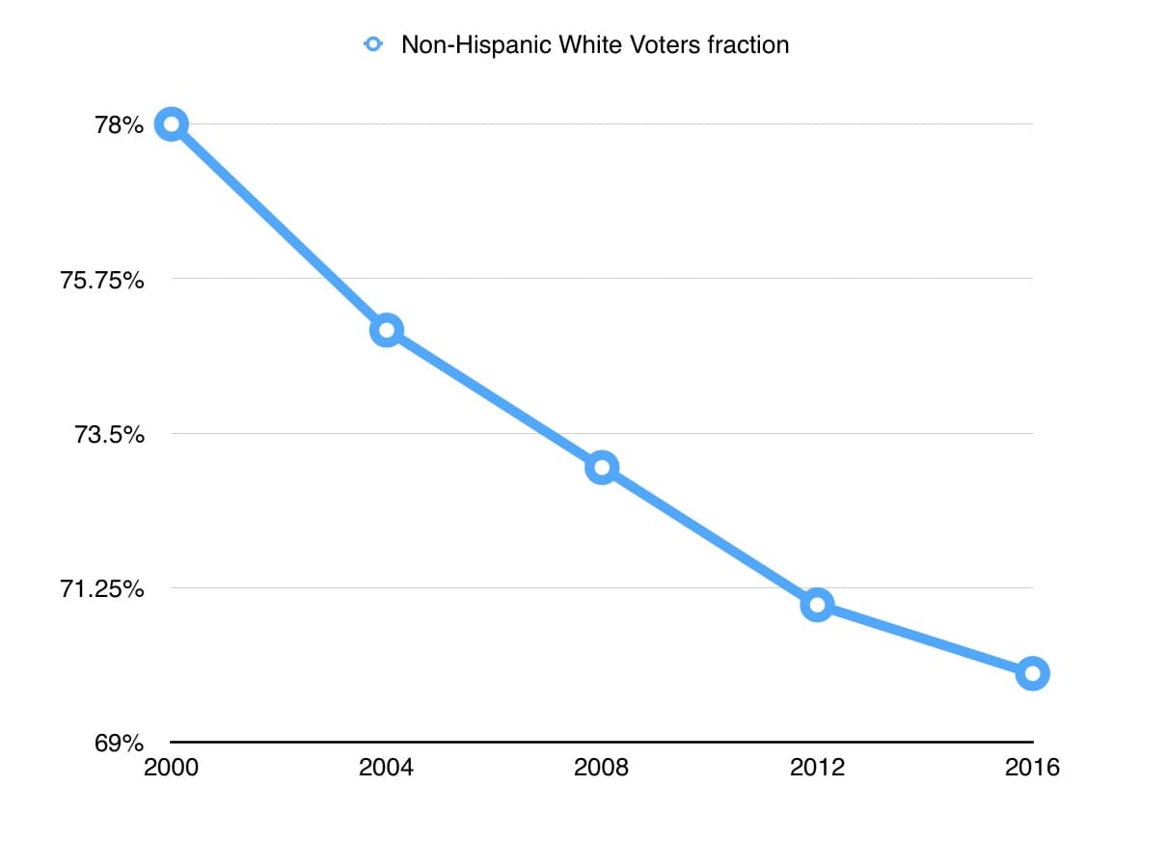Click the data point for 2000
(x=171, y=124)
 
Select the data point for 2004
(x=386, y=331)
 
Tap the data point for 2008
(x=601, y=468)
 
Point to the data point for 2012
(x=817, y=605)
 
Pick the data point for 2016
(x=1032, y=673)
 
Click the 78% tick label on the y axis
(x=120, y=125)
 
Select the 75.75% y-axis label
(x=102, y=280)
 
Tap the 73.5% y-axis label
(x=110, y=434)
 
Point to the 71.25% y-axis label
(x=102, y=588)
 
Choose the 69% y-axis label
(x=120, y=744)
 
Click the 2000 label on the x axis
(x=170, y=768)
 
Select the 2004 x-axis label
(x=386, y=768)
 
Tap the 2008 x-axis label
(x=601, y=768)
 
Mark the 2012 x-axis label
(x=817, y=768)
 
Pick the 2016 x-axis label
(x=1032, y=768)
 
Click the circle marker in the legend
(x=374, y=44)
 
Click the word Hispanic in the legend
(x=481, y=44)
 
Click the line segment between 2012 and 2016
(x=924, y=638)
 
